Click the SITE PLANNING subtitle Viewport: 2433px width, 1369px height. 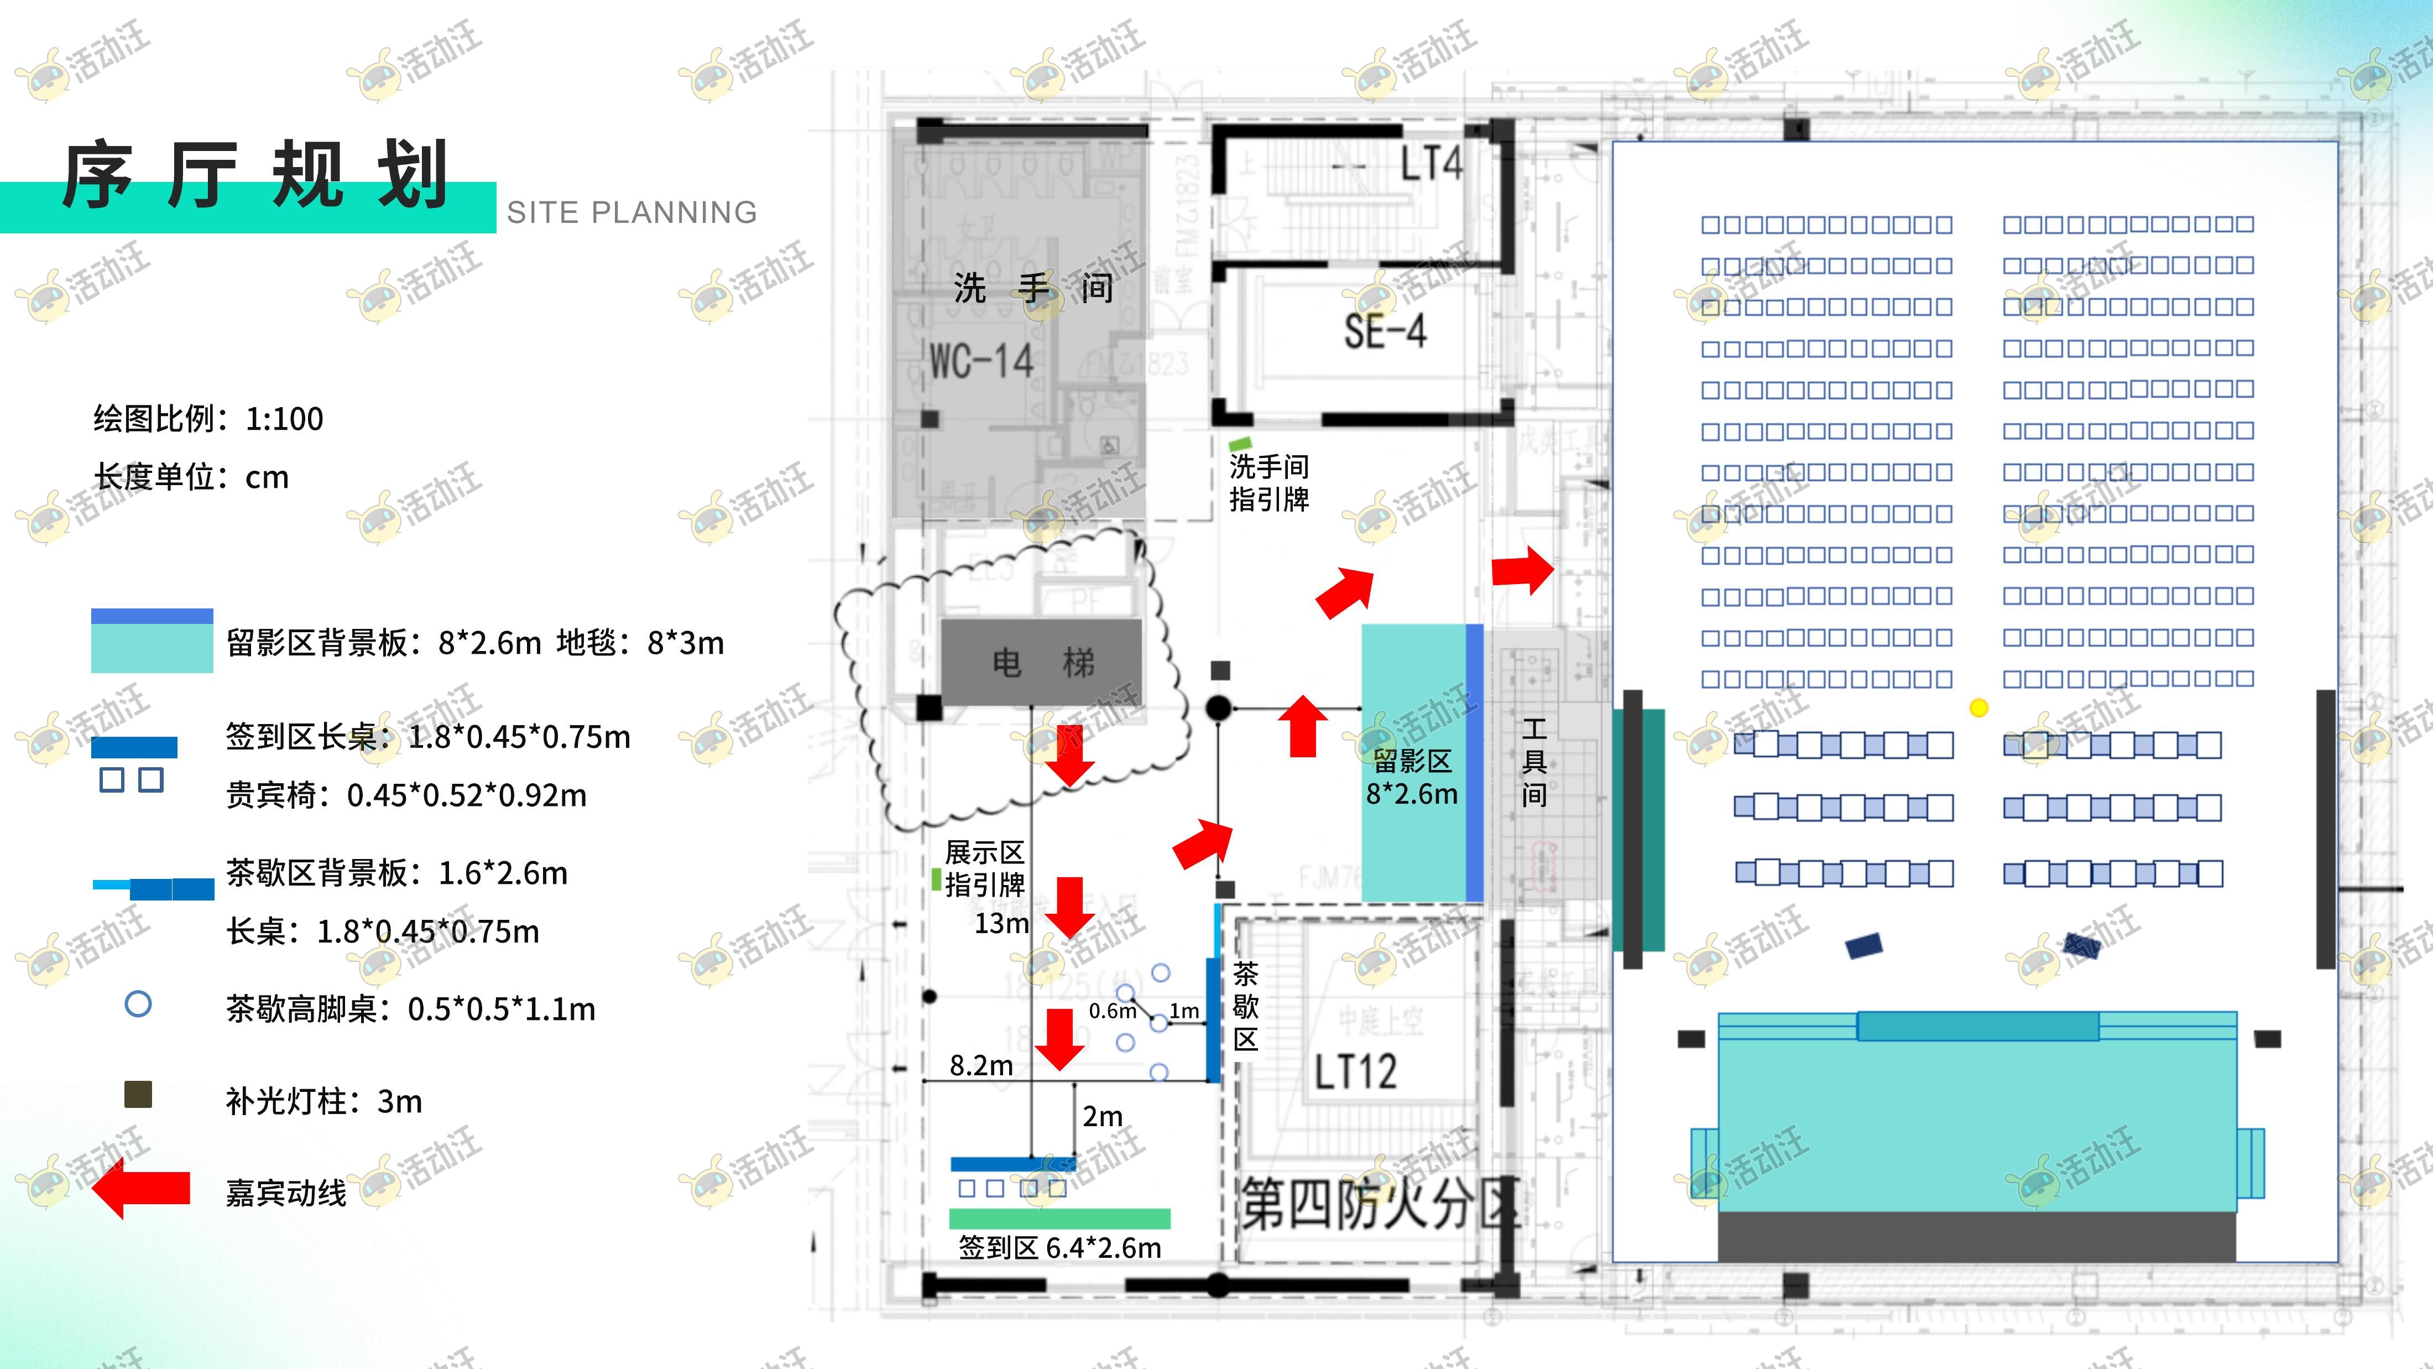(631, 212)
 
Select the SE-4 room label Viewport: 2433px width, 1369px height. (1385, 331)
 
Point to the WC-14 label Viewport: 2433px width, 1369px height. (981, 361)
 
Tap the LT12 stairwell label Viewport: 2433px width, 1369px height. (1355, 1071)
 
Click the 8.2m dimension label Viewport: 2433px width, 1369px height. (980, 1066)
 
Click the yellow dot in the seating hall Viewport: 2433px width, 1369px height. (1978, 707)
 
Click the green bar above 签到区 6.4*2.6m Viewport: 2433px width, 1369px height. (1059, 1219)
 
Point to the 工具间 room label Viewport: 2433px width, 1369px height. (1534, 762)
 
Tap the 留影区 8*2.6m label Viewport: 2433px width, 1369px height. (1412, 777)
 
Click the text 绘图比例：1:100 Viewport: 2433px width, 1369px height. (208, 419)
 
